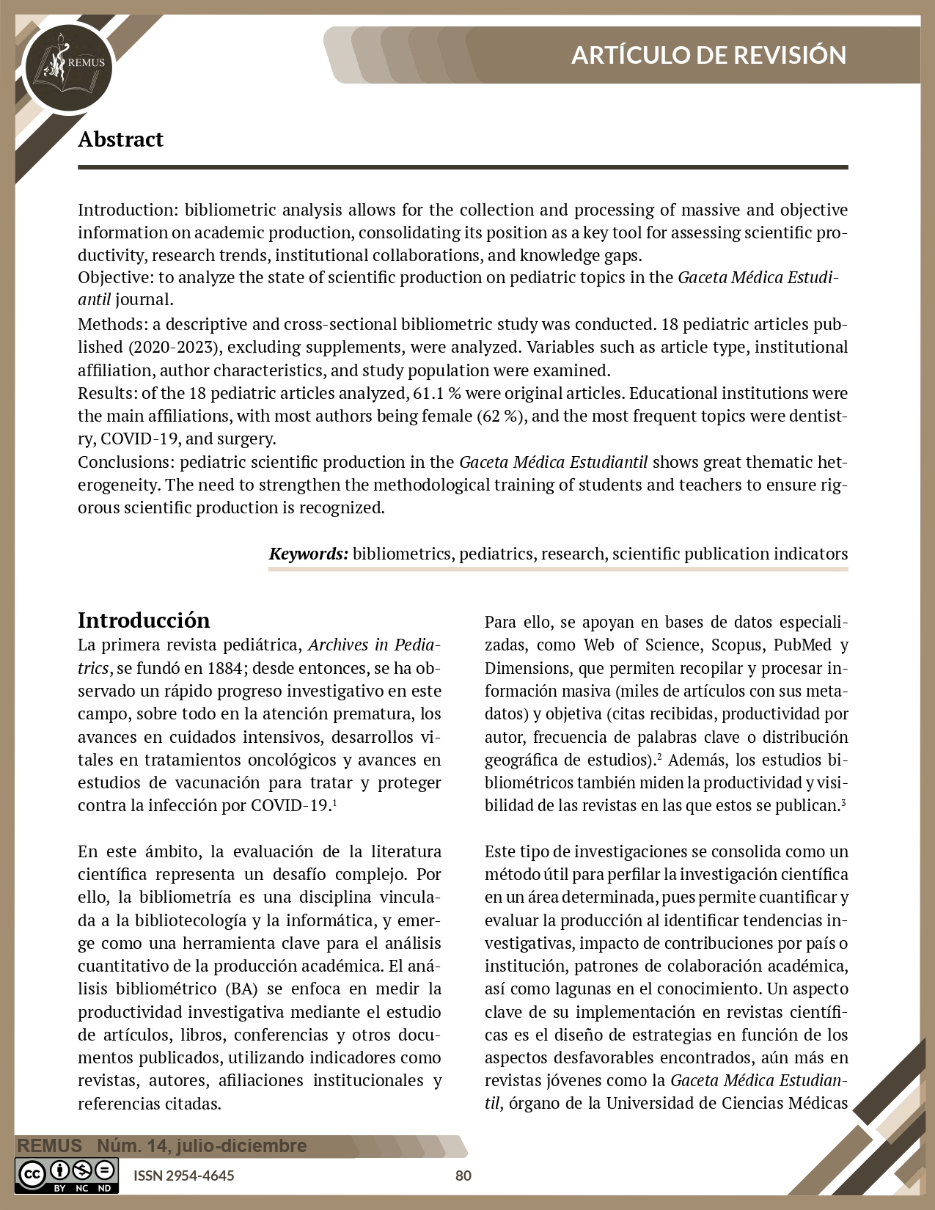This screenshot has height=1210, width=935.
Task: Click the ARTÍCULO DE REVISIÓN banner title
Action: coord(708,55)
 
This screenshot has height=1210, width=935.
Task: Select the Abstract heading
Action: coord(120,139)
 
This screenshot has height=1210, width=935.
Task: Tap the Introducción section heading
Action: coord(144,620)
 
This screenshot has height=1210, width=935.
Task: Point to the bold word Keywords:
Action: coord(308,554)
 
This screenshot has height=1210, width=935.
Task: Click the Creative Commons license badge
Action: coord(67,1175)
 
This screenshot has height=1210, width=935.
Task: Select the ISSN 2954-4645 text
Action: coord(183,1176)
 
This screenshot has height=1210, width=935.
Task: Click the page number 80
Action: coord(463,1176)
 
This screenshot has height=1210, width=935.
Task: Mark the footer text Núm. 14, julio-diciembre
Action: coord(202,1146)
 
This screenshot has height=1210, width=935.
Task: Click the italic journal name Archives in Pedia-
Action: coord(374,645)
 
